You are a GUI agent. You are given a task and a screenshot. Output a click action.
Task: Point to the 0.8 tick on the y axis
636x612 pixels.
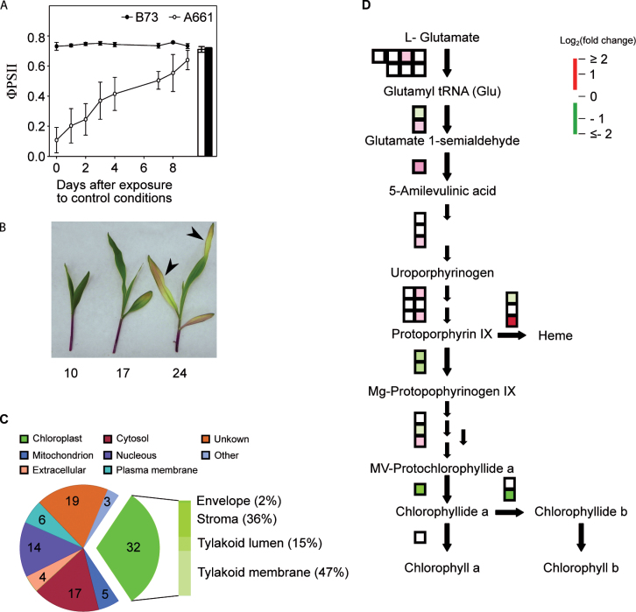pos(38,37)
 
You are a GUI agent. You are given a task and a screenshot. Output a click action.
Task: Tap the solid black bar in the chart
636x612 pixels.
pos(208,102)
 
